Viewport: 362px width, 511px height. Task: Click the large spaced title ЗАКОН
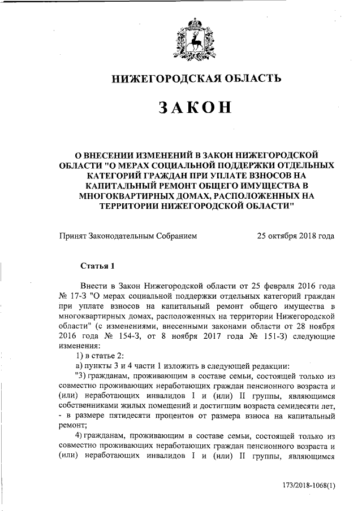195,108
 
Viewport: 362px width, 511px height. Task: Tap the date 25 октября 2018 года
295,236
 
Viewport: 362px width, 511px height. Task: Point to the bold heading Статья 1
98,264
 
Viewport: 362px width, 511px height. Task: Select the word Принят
72,236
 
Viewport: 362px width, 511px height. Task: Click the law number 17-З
80,296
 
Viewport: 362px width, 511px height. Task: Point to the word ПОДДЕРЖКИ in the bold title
238,164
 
